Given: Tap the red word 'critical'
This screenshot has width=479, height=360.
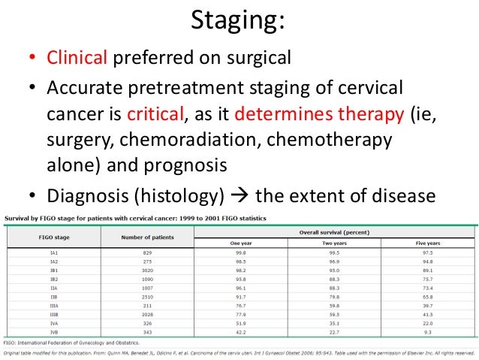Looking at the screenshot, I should [160, 115].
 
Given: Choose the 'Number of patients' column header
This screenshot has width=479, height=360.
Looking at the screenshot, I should [147, 237].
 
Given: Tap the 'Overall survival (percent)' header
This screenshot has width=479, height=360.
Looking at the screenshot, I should [333, 232].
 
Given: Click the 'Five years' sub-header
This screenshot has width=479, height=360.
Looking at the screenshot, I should [427, 244].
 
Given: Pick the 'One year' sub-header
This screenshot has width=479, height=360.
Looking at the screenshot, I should [240, 244].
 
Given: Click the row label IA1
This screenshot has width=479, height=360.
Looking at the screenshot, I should [54, 253].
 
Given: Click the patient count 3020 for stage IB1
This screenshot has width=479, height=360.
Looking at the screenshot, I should [147, 268].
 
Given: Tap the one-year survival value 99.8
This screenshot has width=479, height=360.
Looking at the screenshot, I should [240, 253].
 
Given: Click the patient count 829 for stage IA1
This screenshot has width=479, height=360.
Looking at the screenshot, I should [147, 253].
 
